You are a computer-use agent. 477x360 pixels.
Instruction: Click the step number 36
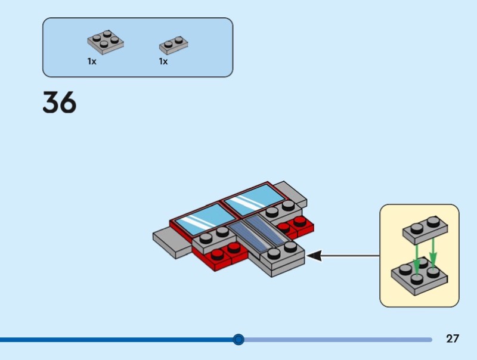tap(60, 103)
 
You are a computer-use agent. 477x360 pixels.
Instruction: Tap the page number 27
tap(453, 339)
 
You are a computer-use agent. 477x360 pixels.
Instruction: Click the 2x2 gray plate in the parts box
tap(106, 41)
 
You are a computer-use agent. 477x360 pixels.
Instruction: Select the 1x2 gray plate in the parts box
tap(174, 45)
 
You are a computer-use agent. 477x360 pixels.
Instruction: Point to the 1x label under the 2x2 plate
tap(92, 61)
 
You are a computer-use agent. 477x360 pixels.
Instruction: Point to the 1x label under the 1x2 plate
tap(163, 61)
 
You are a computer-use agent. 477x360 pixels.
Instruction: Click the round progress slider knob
tap(238, 340)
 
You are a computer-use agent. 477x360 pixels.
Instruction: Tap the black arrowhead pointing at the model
tap(314, 256)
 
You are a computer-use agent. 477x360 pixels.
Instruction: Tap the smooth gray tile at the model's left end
tap(171, 243)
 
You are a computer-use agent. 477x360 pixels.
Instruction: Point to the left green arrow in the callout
tap(417, 256)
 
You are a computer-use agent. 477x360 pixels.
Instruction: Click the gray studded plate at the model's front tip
tap(280, 258)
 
